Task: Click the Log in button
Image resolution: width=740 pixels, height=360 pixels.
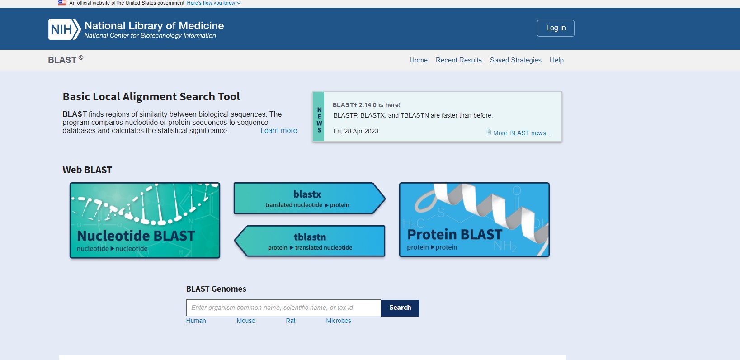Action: (x=555, y=28)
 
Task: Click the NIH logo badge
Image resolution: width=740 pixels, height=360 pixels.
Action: (x=65, y=29)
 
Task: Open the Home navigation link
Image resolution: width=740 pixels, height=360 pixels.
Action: (x=418, y=60)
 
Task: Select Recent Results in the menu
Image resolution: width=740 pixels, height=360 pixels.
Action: (x=458, y=60)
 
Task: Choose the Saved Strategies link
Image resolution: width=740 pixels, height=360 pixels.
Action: (x=515, y=60)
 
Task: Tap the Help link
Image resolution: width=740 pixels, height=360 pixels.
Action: (x=556, y=60)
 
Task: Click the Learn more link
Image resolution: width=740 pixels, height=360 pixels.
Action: (x=278, y=131)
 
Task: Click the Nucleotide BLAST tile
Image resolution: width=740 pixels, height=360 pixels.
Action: (x=145, y=220)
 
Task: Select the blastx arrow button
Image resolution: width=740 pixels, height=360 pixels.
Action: (x=309, y=199)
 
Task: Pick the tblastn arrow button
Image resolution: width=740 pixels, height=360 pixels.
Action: (x=310, y=241)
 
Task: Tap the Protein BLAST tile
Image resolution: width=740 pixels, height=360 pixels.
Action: (x=474, y=220)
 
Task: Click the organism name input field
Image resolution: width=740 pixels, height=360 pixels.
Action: (x=283, y=308)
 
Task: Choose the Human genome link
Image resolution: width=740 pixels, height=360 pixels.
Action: (x=196, y=321)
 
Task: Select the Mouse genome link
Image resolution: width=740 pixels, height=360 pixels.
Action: (x=246, y=321)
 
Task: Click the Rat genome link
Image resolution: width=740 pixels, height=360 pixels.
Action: (x=290, y=321)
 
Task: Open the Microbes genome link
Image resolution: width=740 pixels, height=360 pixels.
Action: (x=338, y=321)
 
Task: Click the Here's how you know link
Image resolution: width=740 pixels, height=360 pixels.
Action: (x=214, y=3)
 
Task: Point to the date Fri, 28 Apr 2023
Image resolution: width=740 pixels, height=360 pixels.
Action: (x=356, y=131)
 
